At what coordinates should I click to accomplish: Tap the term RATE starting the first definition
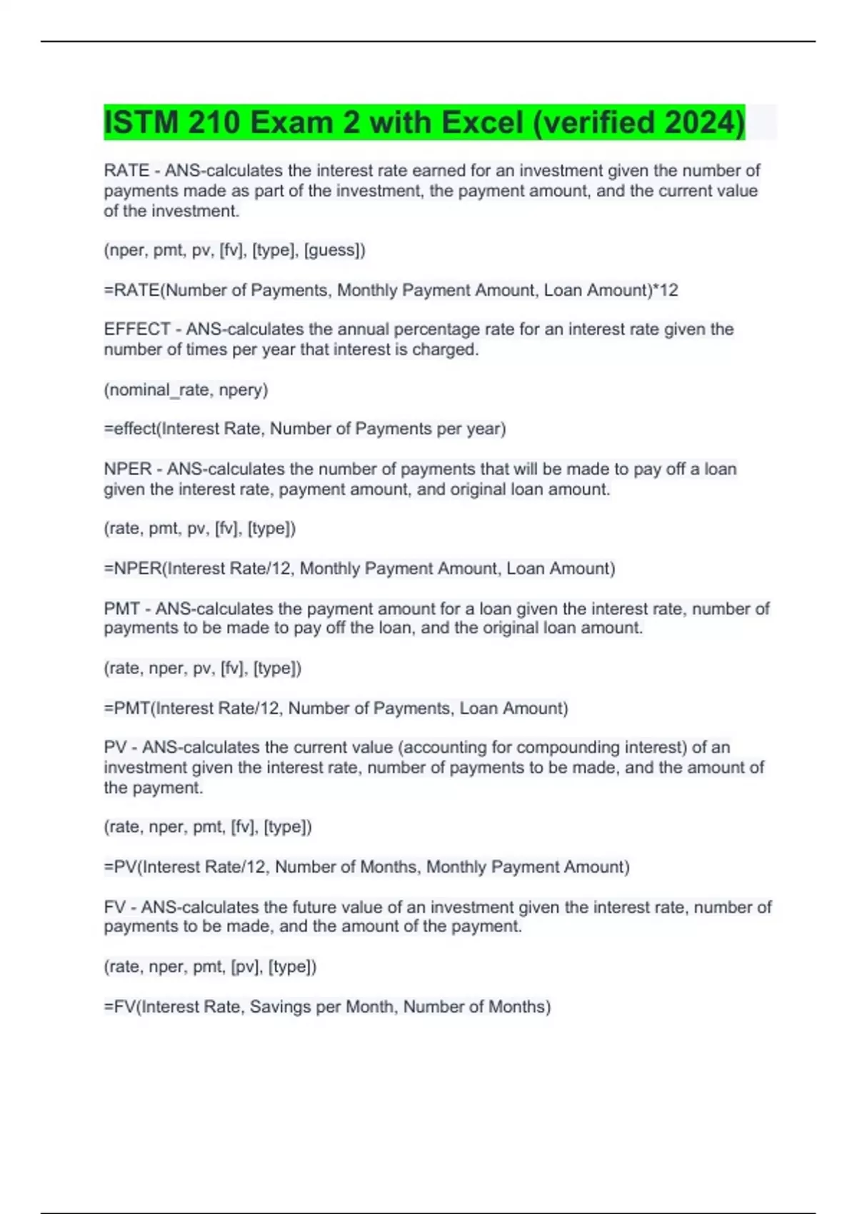(x=126, y=171)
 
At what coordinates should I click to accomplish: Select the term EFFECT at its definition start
(x=137, y=329)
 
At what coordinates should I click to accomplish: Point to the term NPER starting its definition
(x=128, y=469)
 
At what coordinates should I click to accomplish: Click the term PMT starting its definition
(x=122, y=609)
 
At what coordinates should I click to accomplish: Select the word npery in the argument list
(x=242, y=390)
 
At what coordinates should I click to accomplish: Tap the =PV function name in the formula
(x=121, y=868)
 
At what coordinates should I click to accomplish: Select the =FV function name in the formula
(x=121, y=1007)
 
